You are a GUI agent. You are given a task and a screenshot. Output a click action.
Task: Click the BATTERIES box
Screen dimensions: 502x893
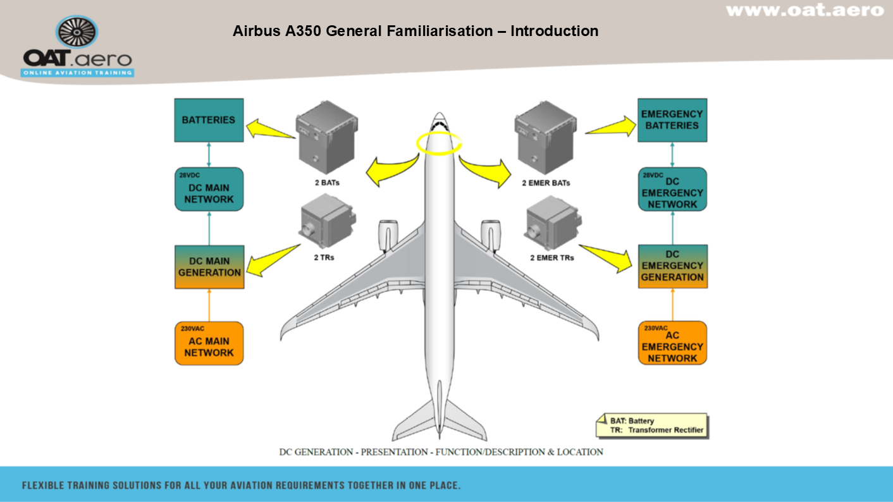209,120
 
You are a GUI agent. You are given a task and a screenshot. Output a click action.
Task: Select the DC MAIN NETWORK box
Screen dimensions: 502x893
209,189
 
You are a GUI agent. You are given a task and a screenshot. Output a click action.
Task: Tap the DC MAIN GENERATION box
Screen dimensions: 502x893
209,267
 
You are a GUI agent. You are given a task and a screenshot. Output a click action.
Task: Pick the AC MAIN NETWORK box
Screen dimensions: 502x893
209,343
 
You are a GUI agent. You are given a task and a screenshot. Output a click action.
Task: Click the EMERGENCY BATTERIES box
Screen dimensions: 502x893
672,120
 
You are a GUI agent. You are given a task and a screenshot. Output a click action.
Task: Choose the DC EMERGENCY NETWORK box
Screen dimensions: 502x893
672,189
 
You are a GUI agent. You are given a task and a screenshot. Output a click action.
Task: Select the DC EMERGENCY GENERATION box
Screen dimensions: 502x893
672,266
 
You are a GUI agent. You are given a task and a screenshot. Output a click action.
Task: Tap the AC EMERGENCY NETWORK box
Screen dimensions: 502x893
672,343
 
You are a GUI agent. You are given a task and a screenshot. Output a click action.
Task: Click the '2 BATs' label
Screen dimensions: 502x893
326,183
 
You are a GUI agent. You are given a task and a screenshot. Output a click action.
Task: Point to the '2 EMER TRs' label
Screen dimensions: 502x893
553,258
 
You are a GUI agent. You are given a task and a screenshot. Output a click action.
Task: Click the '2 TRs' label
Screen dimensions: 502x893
324,258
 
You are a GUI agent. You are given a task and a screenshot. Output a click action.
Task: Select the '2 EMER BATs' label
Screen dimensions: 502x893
546,183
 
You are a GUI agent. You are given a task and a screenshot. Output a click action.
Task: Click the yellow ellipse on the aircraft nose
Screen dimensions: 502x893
439,143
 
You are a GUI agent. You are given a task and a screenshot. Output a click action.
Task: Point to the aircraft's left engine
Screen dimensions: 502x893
388,235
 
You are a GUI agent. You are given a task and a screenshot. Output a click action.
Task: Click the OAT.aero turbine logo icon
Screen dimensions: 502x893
77,32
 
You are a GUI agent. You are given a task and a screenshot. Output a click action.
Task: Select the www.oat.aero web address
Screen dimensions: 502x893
804,10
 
